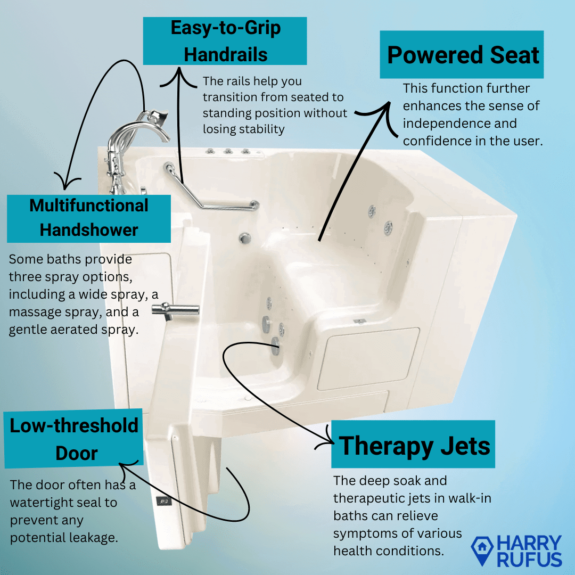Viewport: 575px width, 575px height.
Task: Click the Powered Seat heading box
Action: [462, 54]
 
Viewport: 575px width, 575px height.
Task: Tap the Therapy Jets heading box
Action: [413, 444]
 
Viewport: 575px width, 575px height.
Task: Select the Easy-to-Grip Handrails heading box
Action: [225, 40]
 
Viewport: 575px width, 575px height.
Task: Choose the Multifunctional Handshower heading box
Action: [89, 219]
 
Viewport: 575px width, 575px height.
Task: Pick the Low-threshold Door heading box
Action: [73, 438]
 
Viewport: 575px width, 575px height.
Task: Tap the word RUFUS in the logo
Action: [529, 559]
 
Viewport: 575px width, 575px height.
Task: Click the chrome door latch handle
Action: [176, 310]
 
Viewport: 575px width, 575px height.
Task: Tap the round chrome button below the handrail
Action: [245, 239]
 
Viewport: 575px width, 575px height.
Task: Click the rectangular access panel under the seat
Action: [368, 359]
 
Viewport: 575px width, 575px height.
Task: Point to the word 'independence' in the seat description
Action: [460, 123]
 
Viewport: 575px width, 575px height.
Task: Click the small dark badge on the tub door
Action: [163, 500]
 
